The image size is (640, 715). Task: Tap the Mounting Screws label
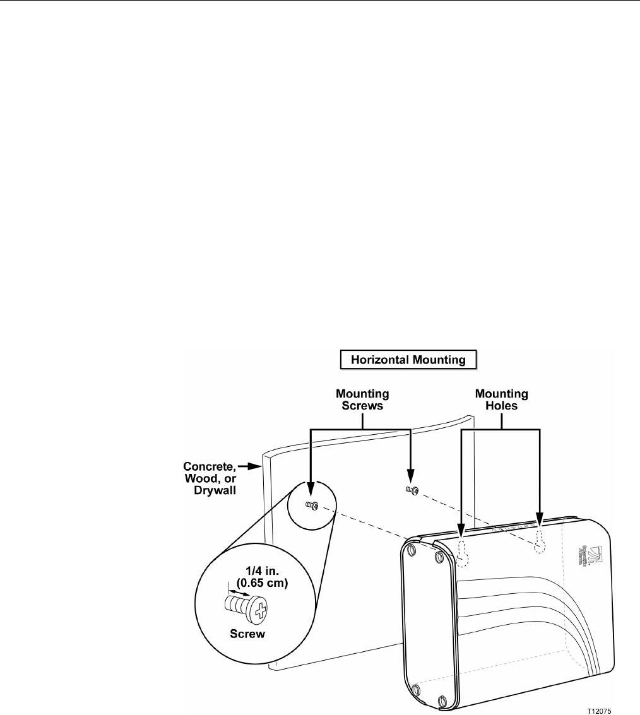tap(362, 400)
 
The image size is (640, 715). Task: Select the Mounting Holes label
tap(502, 400)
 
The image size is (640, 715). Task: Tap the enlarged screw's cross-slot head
tap(258, 610)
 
